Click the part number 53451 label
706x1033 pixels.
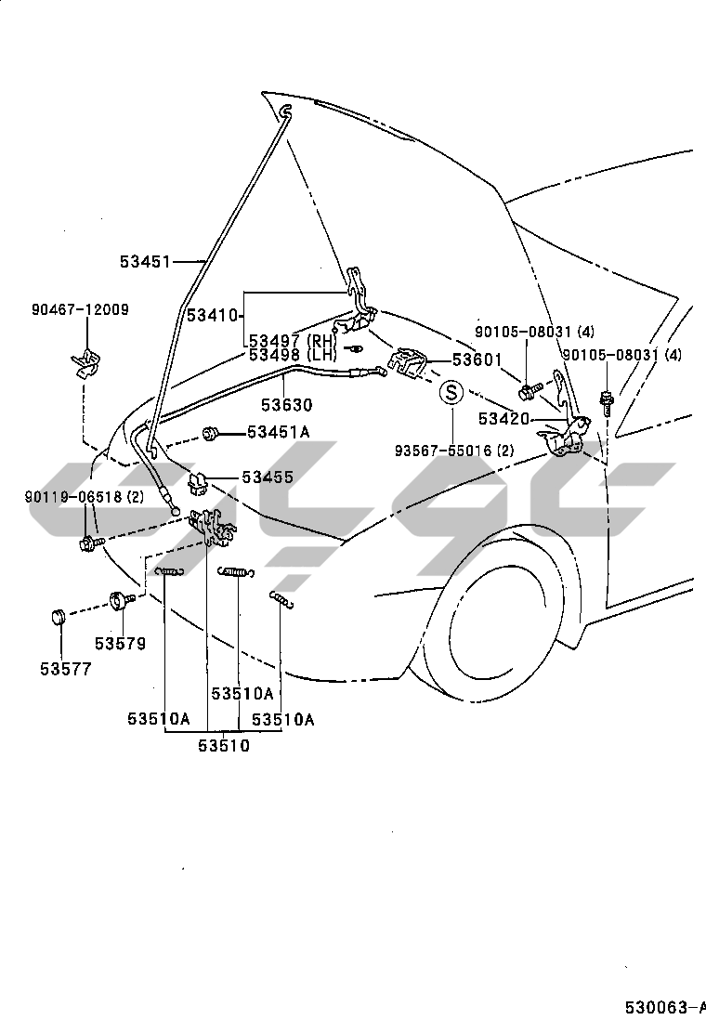[x=145, y=262]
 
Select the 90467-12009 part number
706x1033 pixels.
[x=80, y=309]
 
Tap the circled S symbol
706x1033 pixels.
[x=451, y=393]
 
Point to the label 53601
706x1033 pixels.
[x=477, y=360]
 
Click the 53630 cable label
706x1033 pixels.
[x=286, y=404]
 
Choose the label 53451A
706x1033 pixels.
[x=279, y=432]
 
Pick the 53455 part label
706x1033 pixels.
[x=268, y=477]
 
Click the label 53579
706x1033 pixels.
[x=121, y=643]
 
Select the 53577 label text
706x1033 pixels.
[x=66, y=669]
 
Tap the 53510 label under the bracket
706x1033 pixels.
[x=224, y=746]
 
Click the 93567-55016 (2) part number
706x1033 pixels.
[x=454, y=451]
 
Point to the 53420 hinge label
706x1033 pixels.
[x=503, y=418]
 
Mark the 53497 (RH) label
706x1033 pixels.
[x=292, y=341]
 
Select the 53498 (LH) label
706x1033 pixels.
[x=293, y=355]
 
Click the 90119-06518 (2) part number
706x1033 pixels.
[x=85, y=496]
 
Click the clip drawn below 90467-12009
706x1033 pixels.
[x=85, y=363]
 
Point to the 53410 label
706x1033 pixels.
[x=212, y=315]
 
